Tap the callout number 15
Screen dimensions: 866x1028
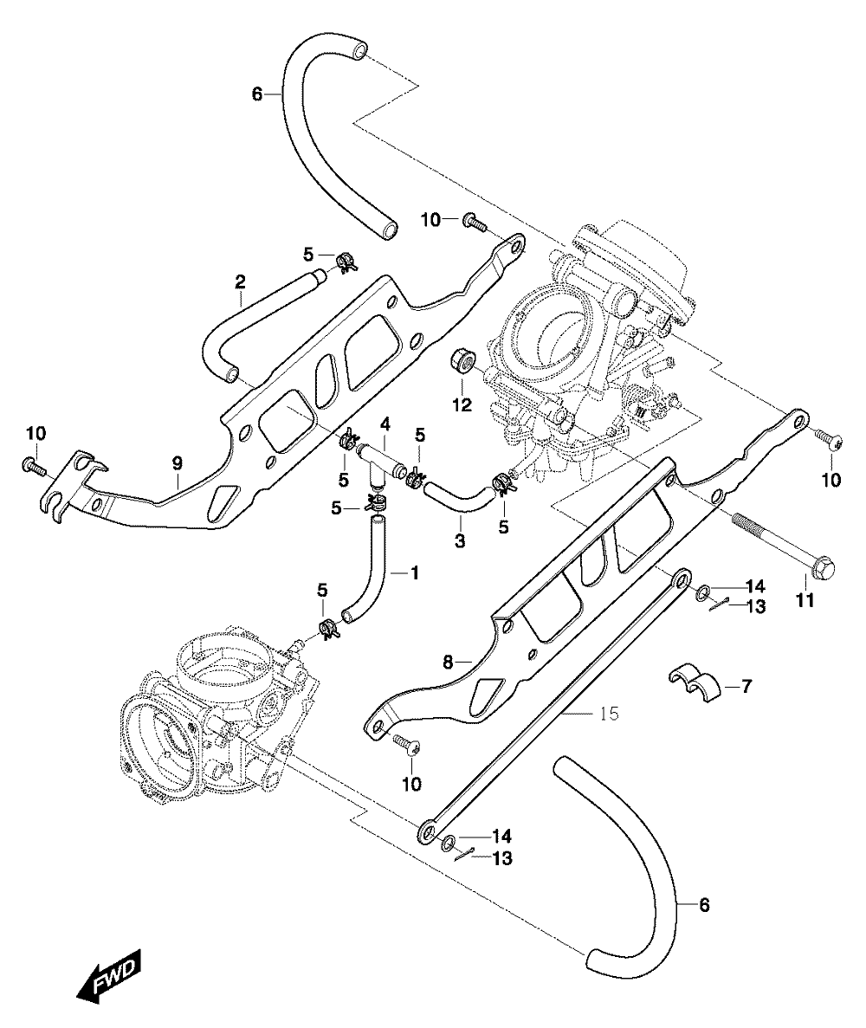[x=609, y=713]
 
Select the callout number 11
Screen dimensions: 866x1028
[x=805, y=599]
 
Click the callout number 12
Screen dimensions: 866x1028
[x=462, y=405]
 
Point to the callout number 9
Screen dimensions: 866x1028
[x=177, y=463]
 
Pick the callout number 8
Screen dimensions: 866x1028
[x=448, y=663]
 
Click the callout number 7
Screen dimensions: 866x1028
[x=746, y=687]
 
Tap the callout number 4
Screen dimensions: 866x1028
[x=385, y=425]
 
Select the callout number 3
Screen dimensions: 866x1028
[x=460, y=541]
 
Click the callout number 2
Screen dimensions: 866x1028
[x=240, y=282]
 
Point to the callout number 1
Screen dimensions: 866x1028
[x=414, y=572]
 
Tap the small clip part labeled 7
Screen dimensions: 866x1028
[x=693, y=682]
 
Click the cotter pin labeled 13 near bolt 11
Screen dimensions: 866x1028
[x=720, y=606]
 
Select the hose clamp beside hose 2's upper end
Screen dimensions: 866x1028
[x=346, y=263]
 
